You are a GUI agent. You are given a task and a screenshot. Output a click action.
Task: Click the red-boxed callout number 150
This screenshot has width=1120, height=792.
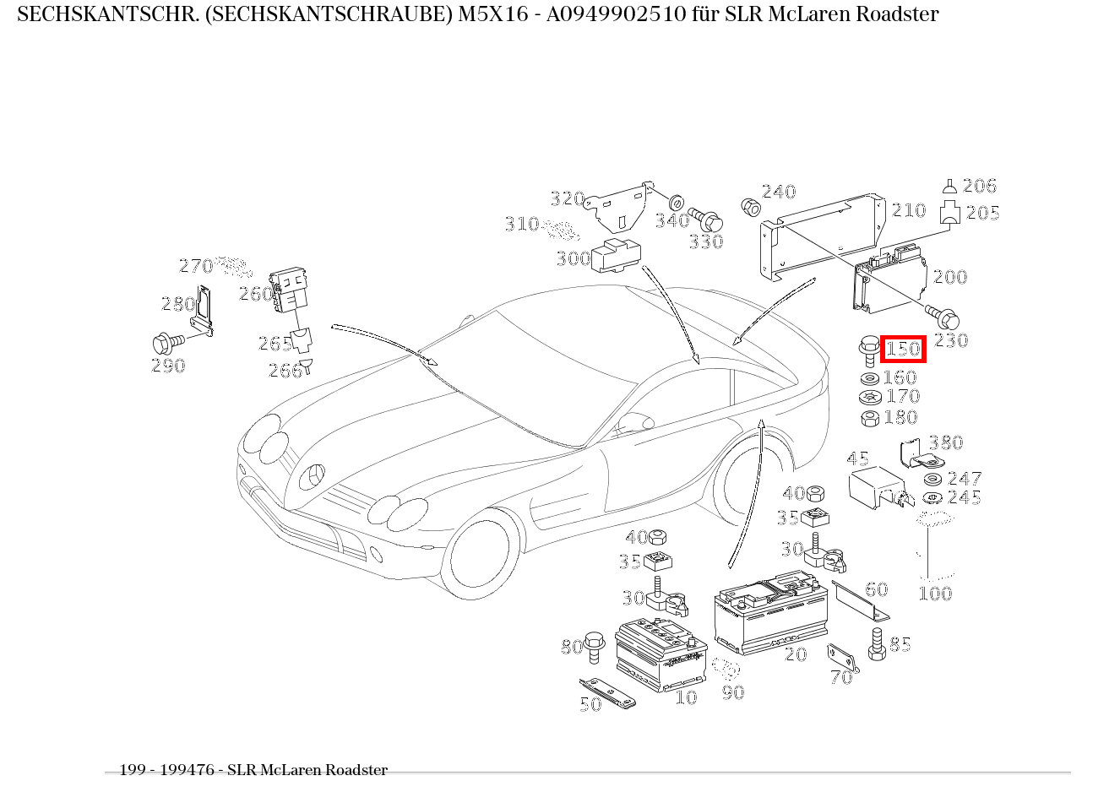click(903, 349)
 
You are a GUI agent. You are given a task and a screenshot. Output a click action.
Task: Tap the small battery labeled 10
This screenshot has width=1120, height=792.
click(661, 654)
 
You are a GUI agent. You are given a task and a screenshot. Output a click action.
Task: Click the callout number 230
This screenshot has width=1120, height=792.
click(950, 340)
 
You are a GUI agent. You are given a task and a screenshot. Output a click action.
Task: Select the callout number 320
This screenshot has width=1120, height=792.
click(568, 198)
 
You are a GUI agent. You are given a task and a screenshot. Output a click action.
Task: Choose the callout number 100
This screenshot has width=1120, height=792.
click(934, 594)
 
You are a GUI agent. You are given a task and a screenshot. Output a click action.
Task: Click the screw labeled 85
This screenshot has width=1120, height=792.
click(877, 643)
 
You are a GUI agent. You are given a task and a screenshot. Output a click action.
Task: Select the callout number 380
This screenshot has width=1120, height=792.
click(945, 442)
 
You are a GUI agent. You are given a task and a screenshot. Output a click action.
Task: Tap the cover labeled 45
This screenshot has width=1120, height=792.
click(873, 488)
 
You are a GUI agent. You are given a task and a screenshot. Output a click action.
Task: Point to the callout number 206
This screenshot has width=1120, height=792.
click(979, 186)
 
